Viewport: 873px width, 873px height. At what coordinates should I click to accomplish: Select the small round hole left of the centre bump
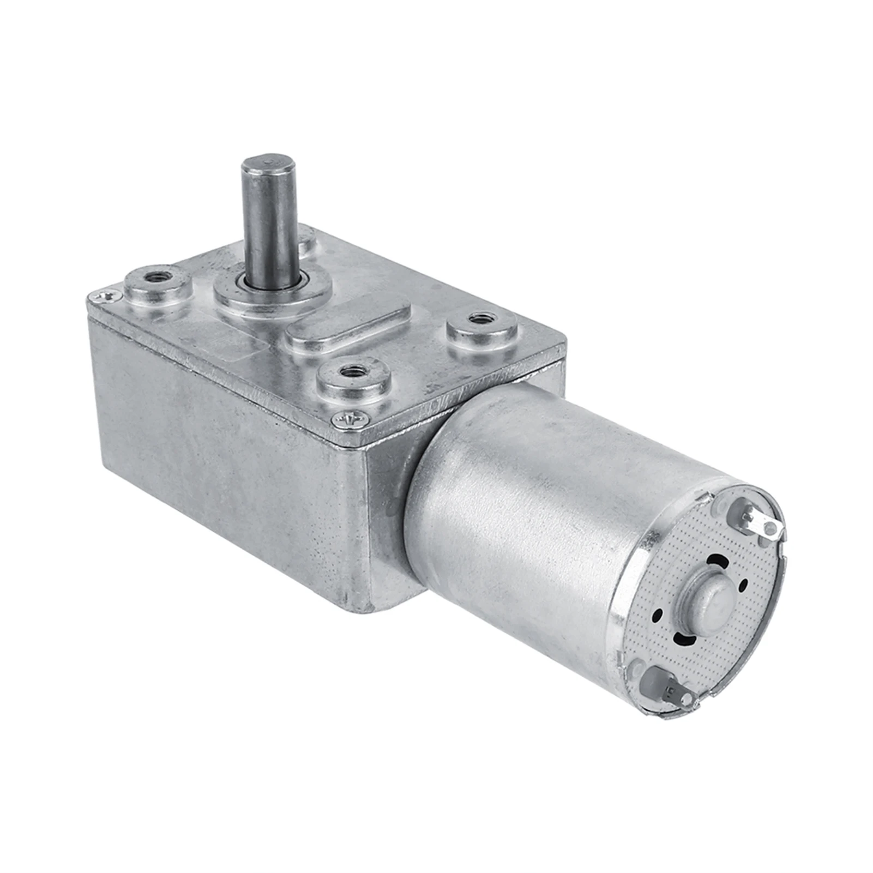[661, 613]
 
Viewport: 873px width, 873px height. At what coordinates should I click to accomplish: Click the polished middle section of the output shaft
[270, 218]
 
